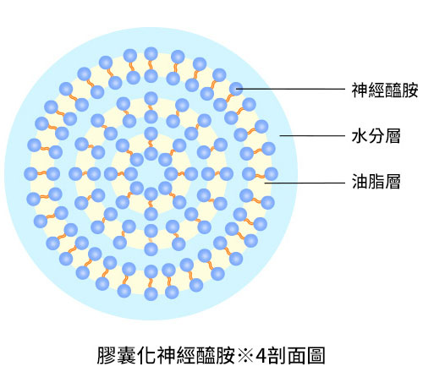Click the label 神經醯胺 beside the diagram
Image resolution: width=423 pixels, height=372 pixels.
(385, 90)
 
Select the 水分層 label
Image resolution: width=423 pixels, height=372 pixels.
(376, 136)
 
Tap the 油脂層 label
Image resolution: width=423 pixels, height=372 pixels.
(376, 181)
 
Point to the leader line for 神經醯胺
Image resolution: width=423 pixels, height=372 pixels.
(291, 89)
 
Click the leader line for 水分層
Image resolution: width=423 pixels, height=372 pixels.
(312, 136)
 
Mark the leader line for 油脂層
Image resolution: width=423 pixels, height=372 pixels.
(305, 183)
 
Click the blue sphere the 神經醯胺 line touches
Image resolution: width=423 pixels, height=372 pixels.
(236, 89)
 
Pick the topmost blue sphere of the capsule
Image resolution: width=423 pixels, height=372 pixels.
(151, 54)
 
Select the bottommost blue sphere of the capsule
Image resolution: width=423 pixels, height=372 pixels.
(151, 294)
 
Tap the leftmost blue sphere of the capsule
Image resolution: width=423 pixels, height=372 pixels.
(30, 174)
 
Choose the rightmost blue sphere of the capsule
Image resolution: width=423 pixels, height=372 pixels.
(272, 174)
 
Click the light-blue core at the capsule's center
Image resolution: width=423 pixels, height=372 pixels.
(151, 174)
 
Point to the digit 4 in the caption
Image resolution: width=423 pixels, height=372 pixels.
(261, 356)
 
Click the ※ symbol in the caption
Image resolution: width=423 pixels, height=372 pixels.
(245, 356)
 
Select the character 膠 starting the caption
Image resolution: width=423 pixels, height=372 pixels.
(107, 355)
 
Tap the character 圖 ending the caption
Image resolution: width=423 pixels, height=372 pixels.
(316, 355)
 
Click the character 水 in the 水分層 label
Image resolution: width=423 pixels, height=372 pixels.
(360, 136)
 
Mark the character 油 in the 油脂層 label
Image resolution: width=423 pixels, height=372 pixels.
(360, 181)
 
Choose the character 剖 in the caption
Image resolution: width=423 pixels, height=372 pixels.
(277, 355)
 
